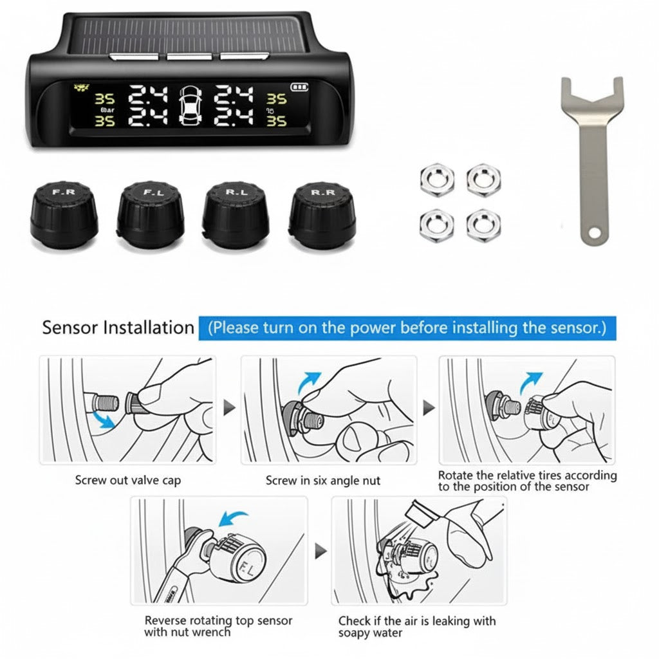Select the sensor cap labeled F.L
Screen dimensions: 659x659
point(151,215)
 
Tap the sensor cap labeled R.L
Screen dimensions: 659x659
point(236,215)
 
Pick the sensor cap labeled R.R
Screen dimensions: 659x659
point(322,215)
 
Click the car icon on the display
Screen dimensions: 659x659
point(190,106)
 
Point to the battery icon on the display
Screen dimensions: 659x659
point(299,87)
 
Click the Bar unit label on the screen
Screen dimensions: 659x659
point(107,110)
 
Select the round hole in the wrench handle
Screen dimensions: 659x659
point(594,232)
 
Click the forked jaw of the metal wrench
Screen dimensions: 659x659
point(592,96)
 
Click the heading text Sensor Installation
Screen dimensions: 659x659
point(118,328)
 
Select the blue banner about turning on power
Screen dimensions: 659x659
point(407,328)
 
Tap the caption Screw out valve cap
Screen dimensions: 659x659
point(128,480)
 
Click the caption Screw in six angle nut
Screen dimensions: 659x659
point(323,480)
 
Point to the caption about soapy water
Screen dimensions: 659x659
point(417,626)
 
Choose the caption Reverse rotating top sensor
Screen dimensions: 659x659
point(218,626)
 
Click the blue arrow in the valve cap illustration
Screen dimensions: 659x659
point(104,420)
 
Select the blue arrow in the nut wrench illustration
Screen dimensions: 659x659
point(234,518)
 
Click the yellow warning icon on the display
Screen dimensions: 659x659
point(81,88)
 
